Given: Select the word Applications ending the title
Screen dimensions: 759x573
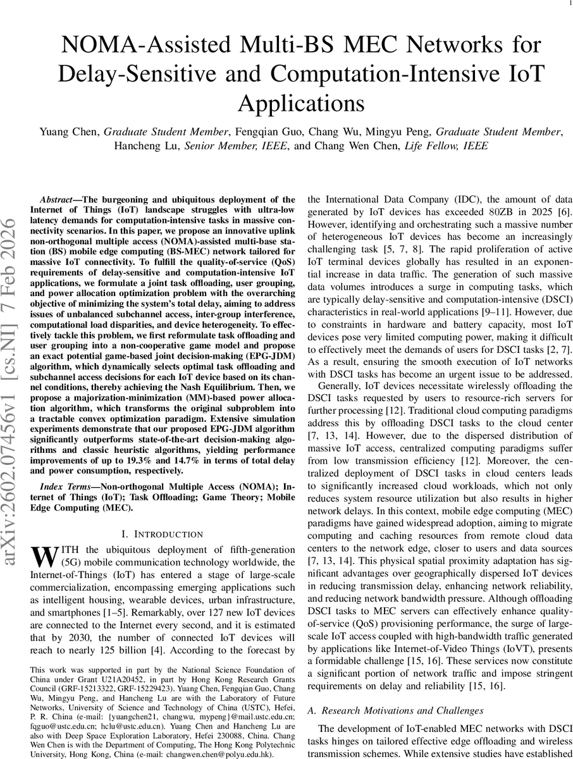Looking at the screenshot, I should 286,102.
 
